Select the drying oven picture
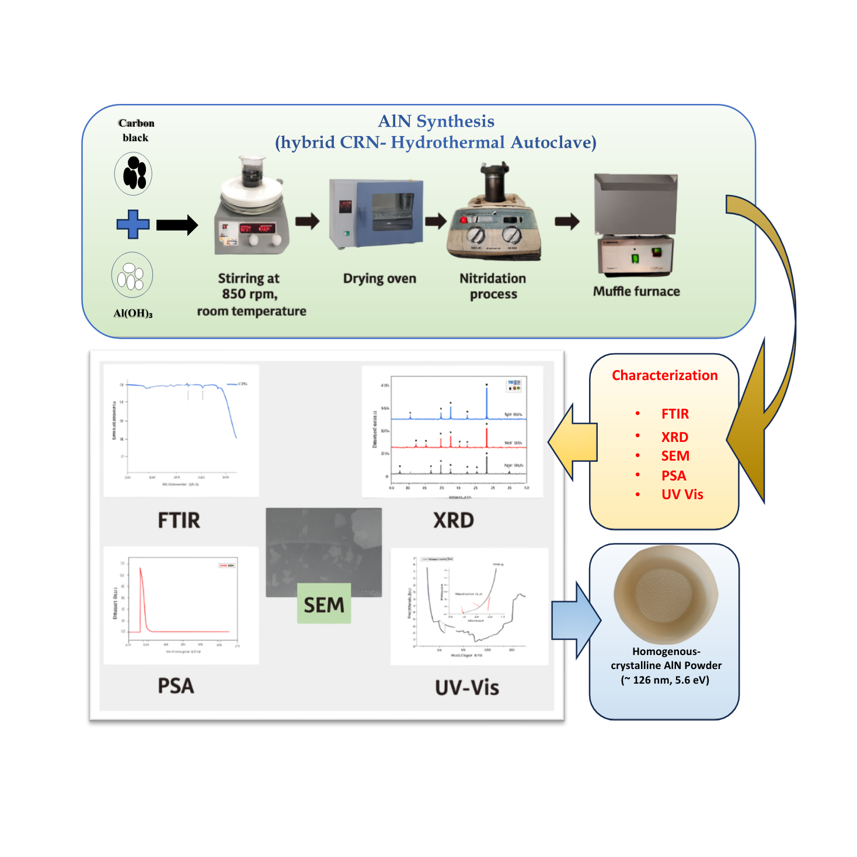(375, 214)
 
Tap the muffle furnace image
(636, 225)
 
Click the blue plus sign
(133, 224)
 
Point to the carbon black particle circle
(134, 173)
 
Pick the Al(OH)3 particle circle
(133, 276)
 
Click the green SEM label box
(324, 604)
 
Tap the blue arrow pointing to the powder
(576, 620)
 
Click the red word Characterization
(664, 375)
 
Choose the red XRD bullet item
(674, 437)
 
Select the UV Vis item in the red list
(682, 494)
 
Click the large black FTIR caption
(179, 520)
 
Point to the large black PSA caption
(176, 686)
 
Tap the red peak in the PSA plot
(141, 584)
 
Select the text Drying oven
(379, 278)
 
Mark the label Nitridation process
(493, 286)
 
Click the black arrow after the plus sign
(177, 225)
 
